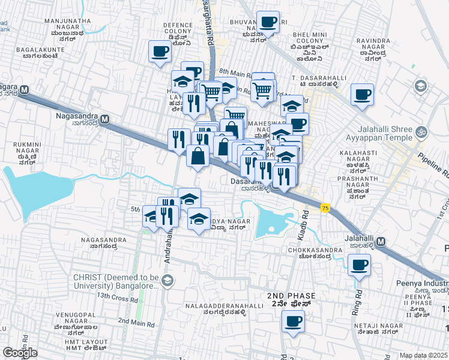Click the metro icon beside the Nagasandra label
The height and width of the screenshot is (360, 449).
point(105,119)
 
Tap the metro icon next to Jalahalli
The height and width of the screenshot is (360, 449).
point(382,241)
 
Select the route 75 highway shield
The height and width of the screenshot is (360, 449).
point(325,208)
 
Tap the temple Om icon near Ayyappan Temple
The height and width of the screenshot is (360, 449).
point(421,131)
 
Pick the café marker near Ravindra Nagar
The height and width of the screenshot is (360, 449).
point(362,94)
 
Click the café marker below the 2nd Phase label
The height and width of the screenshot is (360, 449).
point(293,321)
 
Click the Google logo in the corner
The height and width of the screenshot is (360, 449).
point(20,352)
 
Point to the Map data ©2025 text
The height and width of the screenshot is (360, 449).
point(423,355)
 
